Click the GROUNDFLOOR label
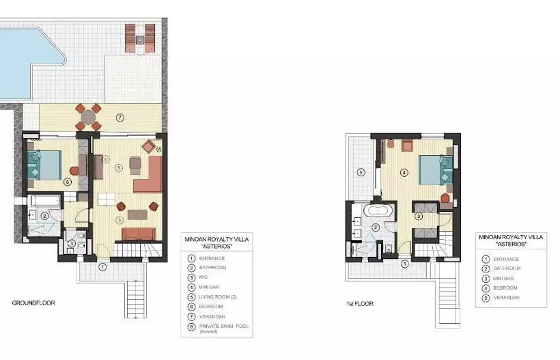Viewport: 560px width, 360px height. coord(33,303)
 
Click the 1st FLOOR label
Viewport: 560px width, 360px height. coord(360,303)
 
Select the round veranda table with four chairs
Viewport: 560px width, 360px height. coord(88,117)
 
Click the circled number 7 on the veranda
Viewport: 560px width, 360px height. coord(120,117)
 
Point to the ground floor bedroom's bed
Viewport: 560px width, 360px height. coord(44,165)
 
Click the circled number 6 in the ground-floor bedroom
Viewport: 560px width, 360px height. coord(67,182)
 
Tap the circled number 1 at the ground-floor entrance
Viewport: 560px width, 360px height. coord(102,267)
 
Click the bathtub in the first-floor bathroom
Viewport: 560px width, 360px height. coord(378,210)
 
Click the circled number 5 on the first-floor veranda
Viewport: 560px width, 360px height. coord(361,173)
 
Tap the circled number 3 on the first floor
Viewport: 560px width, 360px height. coord(419,216)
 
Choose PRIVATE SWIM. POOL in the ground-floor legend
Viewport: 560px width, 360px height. coord(223,327)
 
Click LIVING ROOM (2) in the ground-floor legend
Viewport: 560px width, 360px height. coord(217,296)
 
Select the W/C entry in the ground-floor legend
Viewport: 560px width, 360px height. coord(204,277)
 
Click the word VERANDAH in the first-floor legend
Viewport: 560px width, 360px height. coord(507,298)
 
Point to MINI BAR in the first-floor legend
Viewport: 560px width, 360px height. coord(503,278)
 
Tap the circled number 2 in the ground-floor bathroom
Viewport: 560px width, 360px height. coord(44,216)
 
